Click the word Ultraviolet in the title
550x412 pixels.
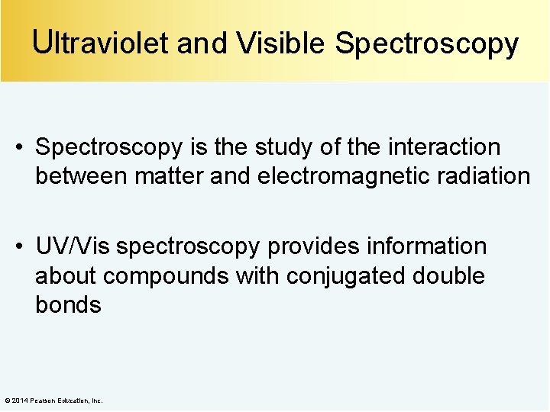coord(101,43)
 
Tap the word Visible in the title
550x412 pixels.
coord(281,43)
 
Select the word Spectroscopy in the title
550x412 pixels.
coord(427,43)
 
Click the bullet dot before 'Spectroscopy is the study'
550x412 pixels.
coord(24,146)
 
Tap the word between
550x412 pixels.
coord(81,176)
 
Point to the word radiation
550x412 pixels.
coord(483,176)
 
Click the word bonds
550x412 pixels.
coord(68,305)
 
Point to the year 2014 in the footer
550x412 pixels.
coord(20,401)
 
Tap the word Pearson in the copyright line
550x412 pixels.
coord(41,401)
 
